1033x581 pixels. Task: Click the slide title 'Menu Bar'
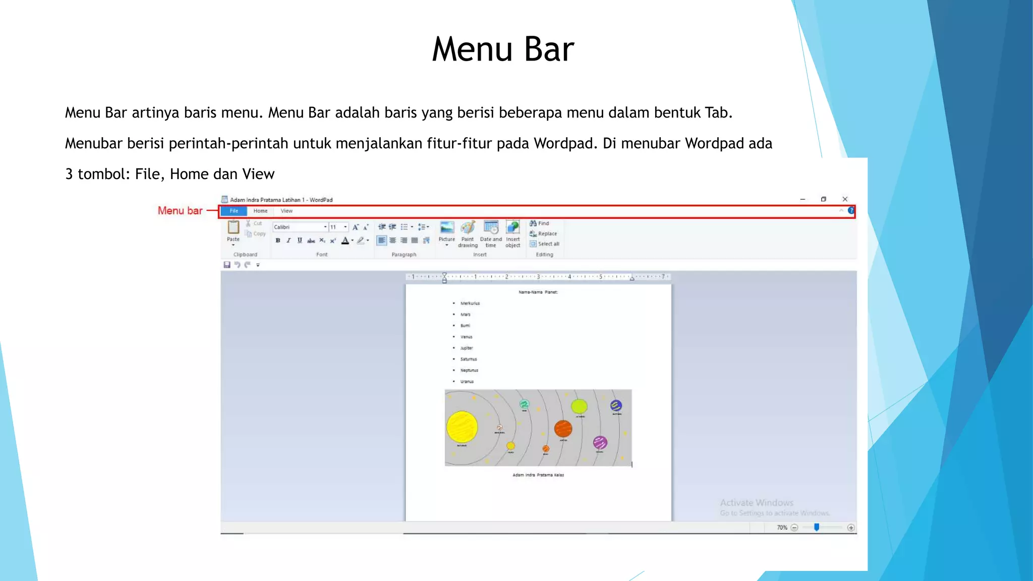[503, 49]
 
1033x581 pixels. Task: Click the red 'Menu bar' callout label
[180, 211]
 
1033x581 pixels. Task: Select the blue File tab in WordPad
[234, 211]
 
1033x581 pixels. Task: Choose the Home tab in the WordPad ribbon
[260, 211]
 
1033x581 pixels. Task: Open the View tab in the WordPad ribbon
[286, 211]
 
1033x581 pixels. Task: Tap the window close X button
[845, 199]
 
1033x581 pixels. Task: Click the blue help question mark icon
[851, 211]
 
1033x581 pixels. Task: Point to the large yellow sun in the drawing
[462, 427]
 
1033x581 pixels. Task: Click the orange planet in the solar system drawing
[563, 429]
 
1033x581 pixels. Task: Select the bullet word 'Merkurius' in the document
[470, 304]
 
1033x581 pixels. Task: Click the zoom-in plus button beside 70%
[851, 528]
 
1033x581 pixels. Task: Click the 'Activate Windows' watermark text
[757, 503]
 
